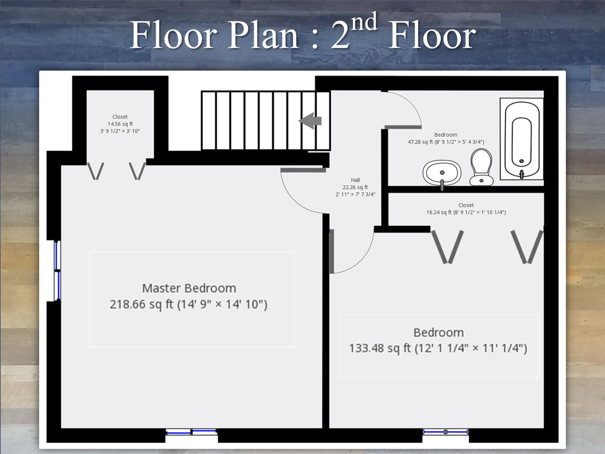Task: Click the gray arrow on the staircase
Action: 310,121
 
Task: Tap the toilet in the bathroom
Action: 481,167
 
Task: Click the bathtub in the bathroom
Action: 522,139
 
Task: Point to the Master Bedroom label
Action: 189,288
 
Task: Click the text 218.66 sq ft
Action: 142,304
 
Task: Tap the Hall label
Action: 355,180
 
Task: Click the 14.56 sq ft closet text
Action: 120,124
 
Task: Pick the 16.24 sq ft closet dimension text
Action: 466,212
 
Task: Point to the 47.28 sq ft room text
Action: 446,142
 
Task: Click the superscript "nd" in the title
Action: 364,21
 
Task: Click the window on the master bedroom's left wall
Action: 57,271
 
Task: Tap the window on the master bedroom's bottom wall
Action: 192,432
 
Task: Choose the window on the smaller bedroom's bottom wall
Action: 445,432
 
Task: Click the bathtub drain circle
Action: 521,161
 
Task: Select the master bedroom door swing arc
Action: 295,199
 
